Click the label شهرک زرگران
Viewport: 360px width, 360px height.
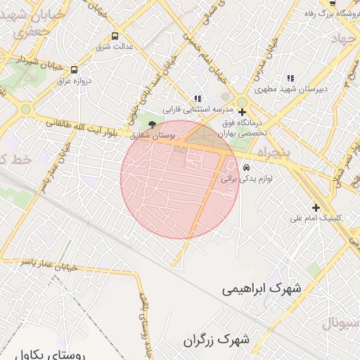(x=217, y=340)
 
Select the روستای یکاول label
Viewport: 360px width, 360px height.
(x=51, y=354)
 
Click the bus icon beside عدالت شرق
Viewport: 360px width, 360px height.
(x=115, y=36)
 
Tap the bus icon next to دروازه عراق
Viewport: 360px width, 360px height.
(x=75, y=69)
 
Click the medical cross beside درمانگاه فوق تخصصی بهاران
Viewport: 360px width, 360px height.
(x=242, y=112)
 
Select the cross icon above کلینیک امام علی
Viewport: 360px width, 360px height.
(x=316, y=207)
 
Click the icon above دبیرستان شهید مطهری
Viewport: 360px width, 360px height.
(x=289, y=78)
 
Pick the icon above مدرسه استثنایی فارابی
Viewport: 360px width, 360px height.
(x=198, y=99)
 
